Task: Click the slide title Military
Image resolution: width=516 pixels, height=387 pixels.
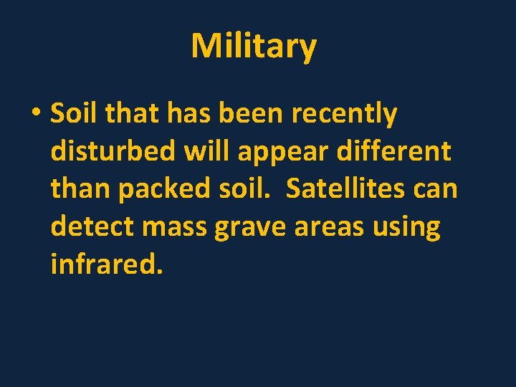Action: click(x=254, y=47)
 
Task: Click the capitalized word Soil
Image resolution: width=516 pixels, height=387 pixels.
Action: click(x=70, y=113)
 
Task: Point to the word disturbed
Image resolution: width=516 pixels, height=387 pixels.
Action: click(x=113, y=151)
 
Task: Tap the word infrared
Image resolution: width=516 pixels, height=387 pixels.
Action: click(x=107, y=265)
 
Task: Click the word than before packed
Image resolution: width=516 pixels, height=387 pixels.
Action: click(x=80, y=189)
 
